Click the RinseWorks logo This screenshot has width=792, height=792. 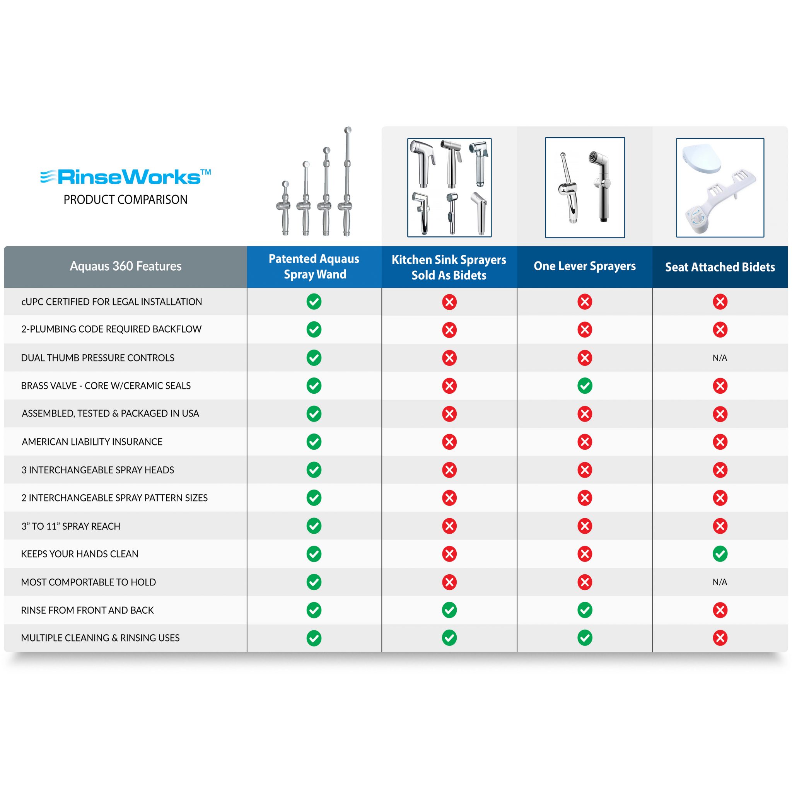coord(125,177)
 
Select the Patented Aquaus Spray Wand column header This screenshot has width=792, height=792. coord(314,266)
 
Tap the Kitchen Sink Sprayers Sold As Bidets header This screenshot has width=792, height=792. coord(449,267)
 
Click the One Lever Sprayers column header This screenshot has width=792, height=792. coord(585,266)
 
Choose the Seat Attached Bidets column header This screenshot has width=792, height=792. coord(720,267)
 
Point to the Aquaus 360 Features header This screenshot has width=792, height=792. coord(125,266)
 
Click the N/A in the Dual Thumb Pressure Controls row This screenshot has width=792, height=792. coord(720,358)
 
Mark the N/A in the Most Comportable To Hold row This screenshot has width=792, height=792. coord(720,582)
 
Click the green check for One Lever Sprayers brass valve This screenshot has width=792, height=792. coord(585,386)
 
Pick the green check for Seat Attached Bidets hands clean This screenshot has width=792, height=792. coord(720,554)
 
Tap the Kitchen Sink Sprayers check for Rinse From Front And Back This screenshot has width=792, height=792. coord(449,610)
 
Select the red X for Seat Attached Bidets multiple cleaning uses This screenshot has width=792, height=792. coord(720,638)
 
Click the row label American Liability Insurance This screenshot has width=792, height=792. coord(92,442)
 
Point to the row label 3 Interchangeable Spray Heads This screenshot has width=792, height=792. coord(97,470)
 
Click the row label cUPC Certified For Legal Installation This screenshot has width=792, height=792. coord(111,302)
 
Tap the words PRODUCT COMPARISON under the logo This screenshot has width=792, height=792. coord(125,200)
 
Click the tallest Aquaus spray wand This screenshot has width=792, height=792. coord(346,182)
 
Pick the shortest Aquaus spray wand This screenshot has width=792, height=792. coord(285,208)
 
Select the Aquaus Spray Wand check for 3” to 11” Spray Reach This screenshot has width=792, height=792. coord(314,526)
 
